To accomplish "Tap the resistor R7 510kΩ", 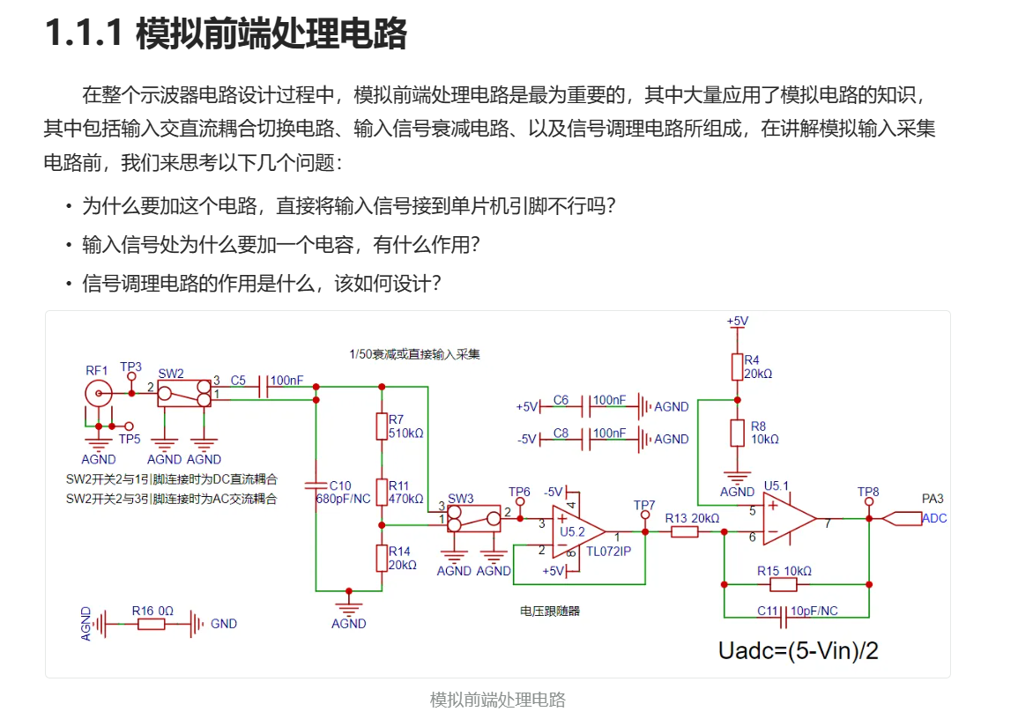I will [382, 426].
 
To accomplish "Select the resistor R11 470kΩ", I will [382, 491].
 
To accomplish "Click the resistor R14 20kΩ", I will [382, 557].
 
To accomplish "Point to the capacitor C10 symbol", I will [316, 485].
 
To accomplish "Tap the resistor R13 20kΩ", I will [684, 531].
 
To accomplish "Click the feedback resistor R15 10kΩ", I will [783, 584].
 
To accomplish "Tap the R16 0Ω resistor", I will [151, 624].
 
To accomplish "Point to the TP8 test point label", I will [868, 492].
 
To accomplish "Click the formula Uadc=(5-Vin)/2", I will [799, 651].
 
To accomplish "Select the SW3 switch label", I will [460, 499].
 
